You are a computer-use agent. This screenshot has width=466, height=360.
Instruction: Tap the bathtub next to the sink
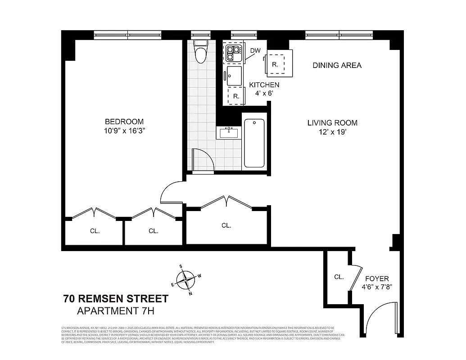click(254, 143)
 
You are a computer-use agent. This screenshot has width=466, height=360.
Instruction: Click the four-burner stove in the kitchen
click(233, 53)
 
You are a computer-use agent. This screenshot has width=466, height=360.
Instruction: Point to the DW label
click(255, 50)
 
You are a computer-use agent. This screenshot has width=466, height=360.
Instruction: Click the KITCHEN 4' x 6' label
click(264, 89)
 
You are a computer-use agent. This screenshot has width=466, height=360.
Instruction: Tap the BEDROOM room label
click(124, 126)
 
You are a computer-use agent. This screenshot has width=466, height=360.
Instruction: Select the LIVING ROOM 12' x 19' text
click(332, 127)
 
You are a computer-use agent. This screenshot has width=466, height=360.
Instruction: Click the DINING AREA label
click(337, 65)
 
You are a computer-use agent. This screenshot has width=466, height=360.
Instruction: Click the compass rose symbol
click(185, 279)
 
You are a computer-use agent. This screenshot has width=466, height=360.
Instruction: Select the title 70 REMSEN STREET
click(116, 298)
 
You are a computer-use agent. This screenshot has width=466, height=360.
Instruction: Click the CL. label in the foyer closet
click(339, 277)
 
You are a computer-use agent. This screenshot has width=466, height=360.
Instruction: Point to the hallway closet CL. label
click(226, 225)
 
